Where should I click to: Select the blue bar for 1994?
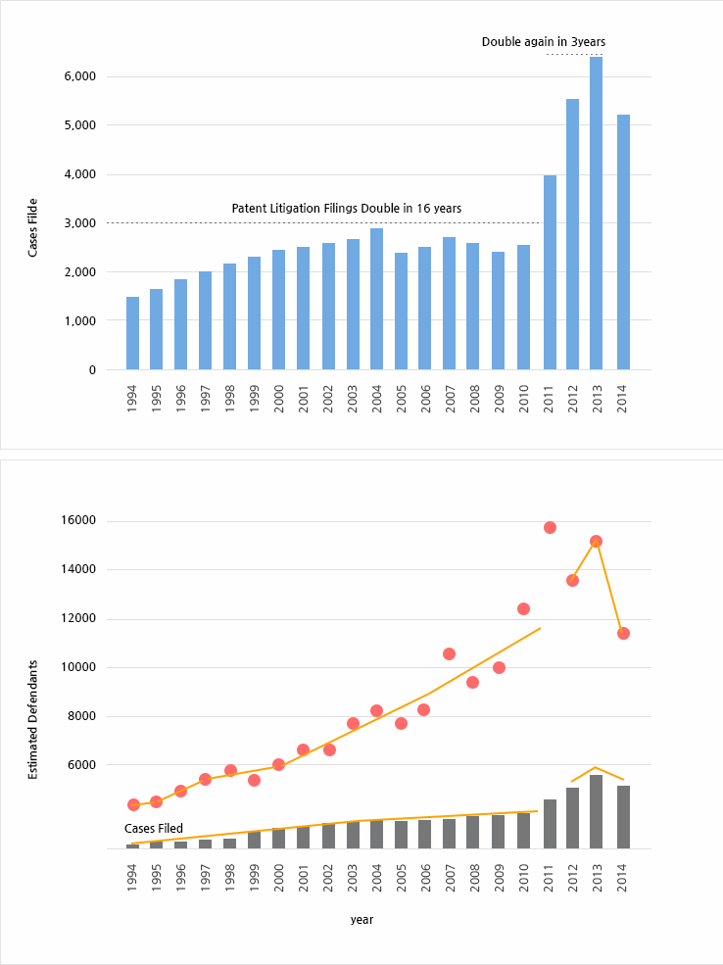(x=132, y=333)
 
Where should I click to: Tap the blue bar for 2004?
(x=376, y=299)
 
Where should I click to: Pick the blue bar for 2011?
(x=550, y=272)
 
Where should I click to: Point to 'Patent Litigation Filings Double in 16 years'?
(x=346, y=209)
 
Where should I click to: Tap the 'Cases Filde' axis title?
(x=33, y=228)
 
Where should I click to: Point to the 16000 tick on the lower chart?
(x=80, y=520)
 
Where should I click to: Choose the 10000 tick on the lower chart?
(x=80, y=667)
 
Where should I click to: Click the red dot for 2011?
(x=550, y=527)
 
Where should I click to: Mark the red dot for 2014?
(x=623, y=633)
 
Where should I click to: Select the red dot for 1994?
(x=133, y=804)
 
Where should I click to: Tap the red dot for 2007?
(x=449, y=653)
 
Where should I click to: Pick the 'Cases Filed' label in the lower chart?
(x=154, y=829)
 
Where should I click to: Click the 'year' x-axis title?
(x=361, y=920)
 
